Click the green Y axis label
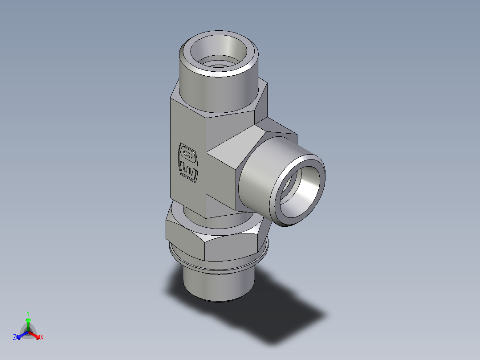pyautogui.click(x=28, y=313)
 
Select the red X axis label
pyautogui.click(x=41, y=338)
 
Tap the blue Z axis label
pyautogui.click(x=15, y=338)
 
